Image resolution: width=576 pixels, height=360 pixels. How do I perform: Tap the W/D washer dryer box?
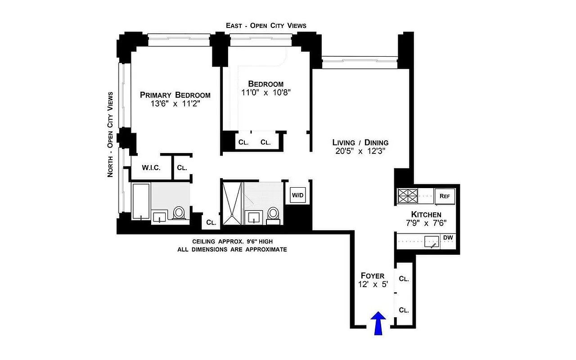[x=297, y=195]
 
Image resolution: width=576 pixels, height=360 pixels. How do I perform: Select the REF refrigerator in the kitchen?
[x=445, y=196]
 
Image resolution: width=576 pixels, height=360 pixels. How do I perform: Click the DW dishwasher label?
[x=448, y=238]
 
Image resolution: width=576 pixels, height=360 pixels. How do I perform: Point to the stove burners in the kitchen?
[x=407, y=196]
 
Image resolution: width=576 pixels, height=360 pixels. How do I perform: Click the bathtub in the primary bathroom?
[x=141, y=202]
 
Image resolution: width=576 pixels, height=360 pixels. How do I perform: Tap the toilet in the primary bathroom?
[x=180, y=213]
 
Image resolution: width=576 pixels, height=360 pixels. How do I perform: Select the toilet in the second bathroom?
[x=273, y=214]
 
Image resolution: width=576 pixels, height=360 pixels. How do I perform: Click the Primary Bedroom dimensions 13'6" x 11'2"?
[x=175, y=103]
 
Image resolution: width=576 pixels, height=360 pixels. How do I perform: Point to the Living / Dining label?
[x=357, y=142]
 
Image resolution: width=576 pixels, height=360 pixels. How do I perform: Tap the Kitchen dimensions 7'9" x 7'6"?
[x=426, y=223]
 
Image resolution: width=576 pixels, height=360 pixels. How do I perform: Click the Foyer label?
[x=372, y=275]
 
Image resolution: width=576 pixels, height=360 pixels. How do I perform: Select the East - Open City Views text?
[x=266, y=26]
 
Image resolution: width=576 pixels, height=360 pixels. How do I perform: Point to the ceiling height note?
[x=232, y=241]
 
